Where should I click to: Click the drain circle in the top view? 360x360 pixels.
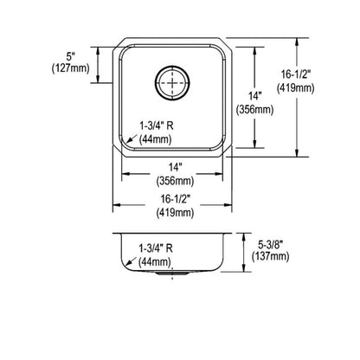[x=171, y=84]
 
